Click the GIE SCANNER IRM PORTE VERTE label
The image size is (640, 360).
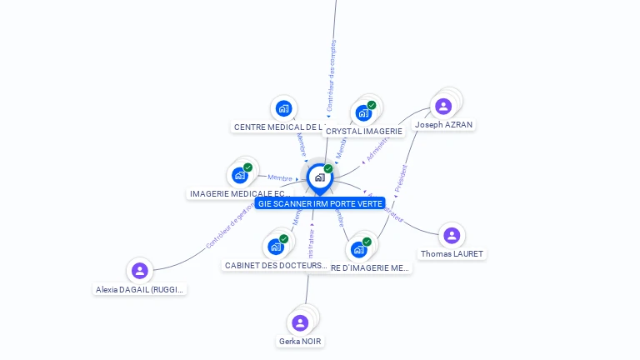pos(320,203)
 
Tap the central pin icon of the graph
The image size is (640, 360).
pos(319,177)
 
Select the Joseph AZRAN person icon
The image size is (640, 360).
pos(443,106)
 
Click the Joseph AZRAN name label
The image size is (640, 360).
pos(443,125)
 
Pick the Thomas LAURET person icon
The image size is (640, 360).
pos(452,235)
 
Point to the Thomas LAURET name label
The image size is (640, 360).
pos(452,253)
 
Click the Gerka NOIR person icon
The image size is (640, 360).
pos(300,322)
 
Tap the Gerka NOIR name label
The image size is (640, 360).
pos(300,341)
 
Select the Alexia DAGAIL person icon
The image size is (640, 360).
pos(139,270)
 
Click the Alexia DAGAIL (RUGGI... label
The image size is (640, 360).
pos(140,289)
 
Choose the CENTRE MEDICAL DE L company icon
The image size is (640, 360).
pos(284,108)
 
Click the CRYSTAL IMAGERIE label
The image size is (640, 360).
pos(364,131)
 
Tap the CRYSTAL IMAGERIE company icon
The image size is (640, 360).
pos(362,112)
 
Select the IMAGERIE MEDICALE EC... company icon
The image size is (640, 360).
pos(240,175)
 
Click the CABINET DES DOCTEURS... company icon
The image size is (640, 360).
pos(276,247)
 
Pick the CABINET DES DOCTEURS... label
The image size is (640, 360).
pos(276,265)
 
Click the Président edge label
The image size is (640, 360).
pos(401,177)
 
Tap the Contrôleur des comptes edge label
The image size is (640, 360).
pos(332,74)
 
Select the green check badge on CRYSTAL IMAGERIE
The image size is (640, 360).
pos(372,105)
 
